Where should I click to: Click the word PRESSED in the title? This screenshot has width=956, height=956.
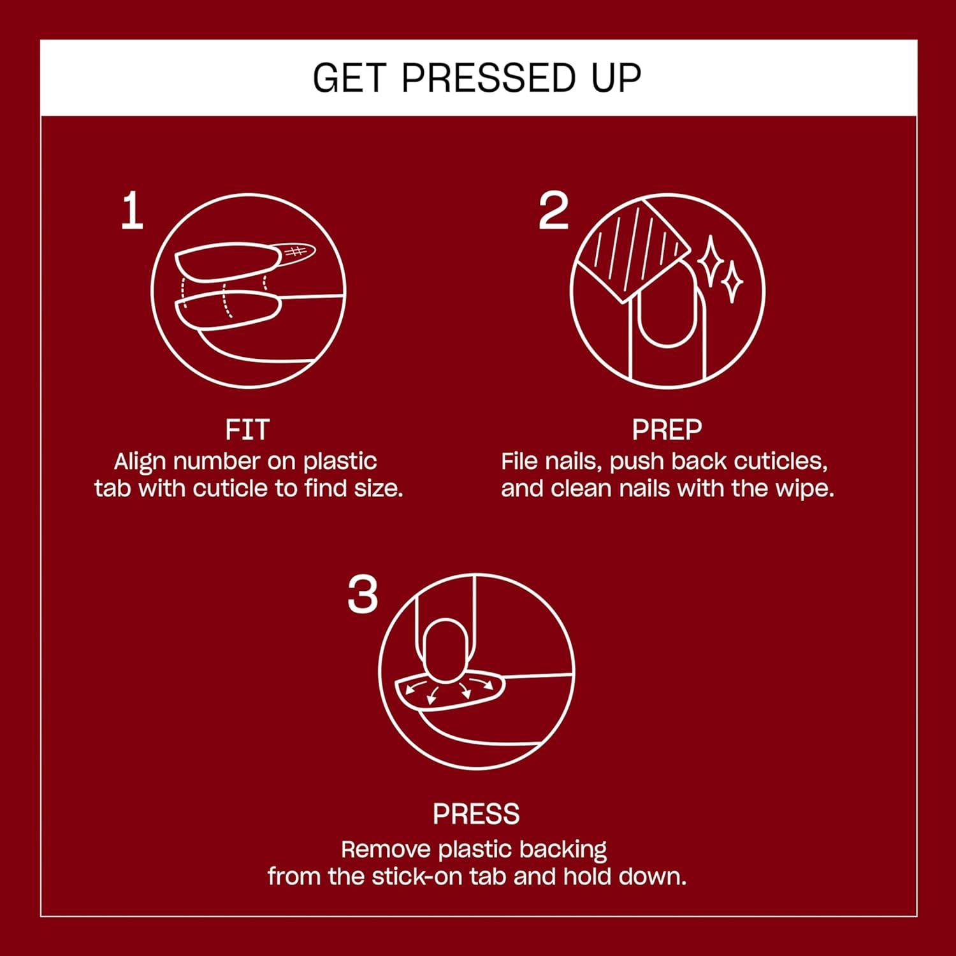(489, 78)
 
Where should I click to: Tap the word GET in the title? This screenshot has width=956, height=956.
(349, 78)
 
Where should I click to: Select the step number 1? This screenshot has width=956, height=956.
(132, 212)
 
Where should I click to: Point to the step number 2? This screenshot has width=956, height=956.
(553, 212)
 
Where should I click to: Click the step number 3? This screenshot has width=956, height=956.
(363, 596)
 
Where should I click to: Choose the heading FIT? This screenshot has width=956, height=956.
(247, 430)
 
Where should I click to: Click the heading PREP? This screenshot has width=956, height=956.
(667, 430)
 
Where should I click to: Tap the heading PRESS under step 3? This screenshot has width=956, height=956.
(476, 814)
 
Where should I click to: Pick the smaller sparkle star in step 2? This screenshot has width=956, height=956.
(731, 282)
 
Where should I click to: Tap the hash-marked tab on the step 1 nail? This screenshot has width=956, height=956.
(295, 252)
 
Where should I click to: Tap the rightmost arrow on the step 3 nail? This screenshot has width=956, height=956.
(488, 684)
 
